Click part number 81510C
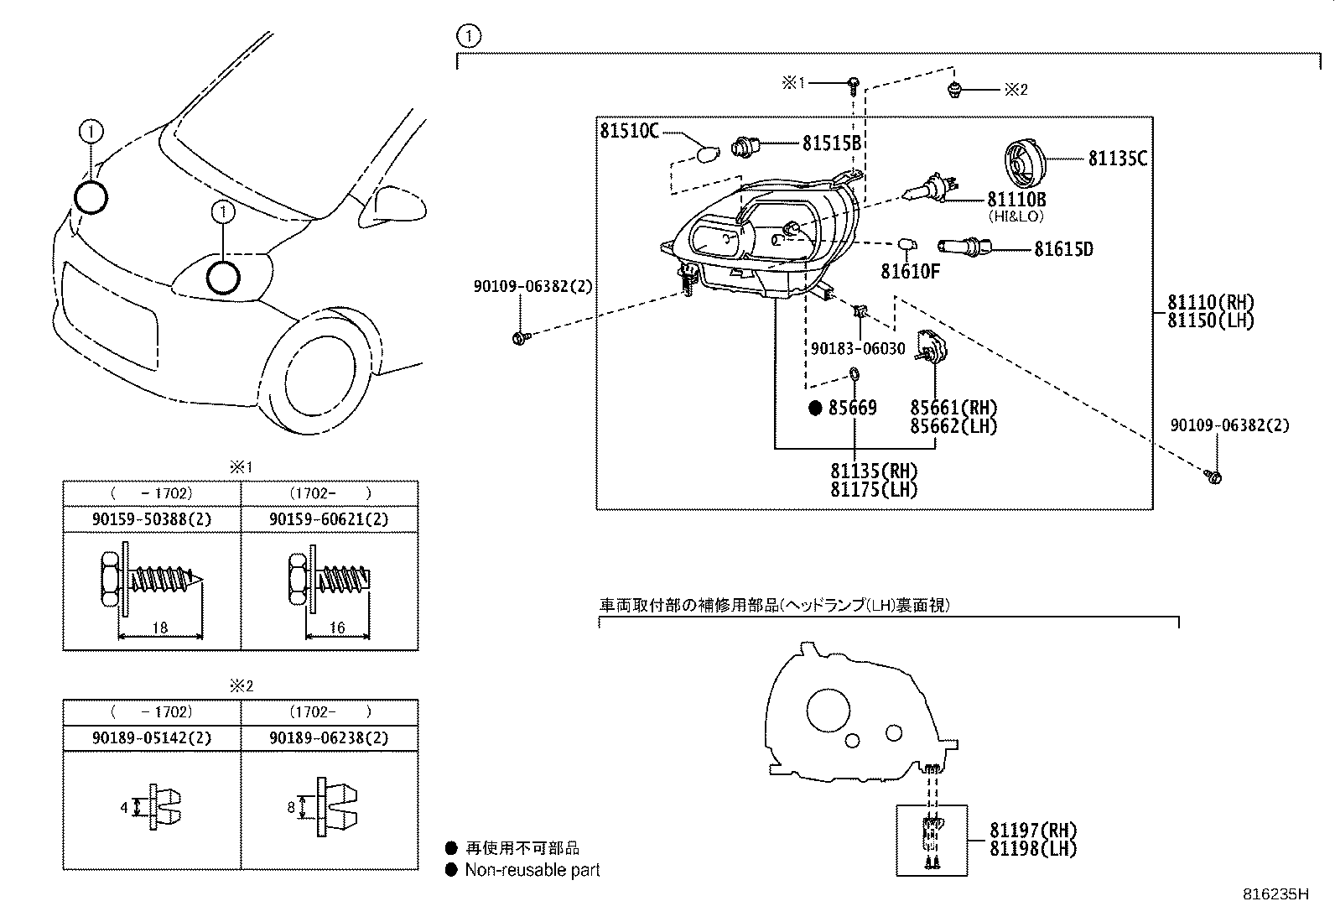coord(629,131)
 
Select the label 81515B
coord(832,143)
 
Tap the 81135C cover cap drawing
coord(1022,164)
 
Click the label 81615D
coord(1062,249)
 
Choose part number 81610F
coord(910,271)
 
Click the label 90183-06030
coord(858,348)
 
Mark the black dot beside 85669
coord(815,409)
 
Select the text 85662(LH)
coord(953,426)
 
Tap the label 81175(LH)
coord(874,490)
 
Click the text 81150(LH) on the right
coord(1210,320)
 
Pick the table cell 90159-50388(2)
coord(152,519)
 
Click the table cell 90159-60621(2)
coord(329,519)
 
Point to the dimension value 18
coord(161,628)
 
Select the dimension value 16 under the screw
coord(337,628)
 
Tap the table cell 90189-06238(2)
coord(329,738)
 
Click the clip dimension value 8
coord(291,808)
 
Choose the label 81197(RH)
coord(1032,831)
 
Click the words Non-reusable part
coord(532,870)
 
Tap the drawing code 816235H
coord(1275,894)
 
